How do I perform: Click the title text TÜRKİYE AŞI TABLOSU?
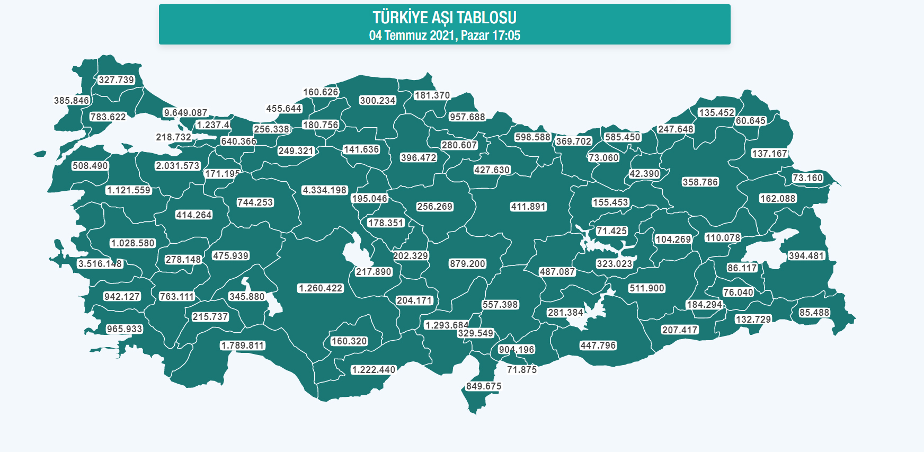coord(444,17)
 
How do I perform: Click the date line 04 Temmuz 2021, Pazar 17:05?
coord(444,36)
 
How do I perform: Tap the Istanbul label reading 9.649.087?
coord(185,113)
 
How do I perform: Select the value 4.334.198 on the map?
coord(324,190)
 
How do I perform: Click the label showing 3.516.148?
coord(100,264)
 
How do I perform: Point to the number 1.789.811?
coord(243,345)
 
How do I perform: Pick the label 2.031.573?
coord(177,166)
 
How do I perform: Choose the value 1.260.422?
coord(321,288)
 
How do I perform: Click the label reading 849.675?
coord(483,386)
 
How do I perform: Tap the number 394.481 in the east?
coord(806,256)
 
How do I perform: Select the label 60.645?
coord(750,121)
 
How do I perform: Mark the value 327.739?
coord(117,80)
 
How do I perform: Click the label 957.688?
coord(467,117)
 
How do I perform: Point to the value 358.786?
coord(700,182)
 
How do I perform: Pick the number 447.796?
coord(598,345)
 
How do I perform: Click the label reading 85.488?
coord(814,313)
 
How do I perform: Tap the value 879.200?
coord(467,264)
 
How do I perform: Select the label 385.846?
coord(72,101)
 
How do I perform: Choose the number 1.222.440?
coord(373,370)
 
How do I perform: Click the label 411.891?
coord(528,207)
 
